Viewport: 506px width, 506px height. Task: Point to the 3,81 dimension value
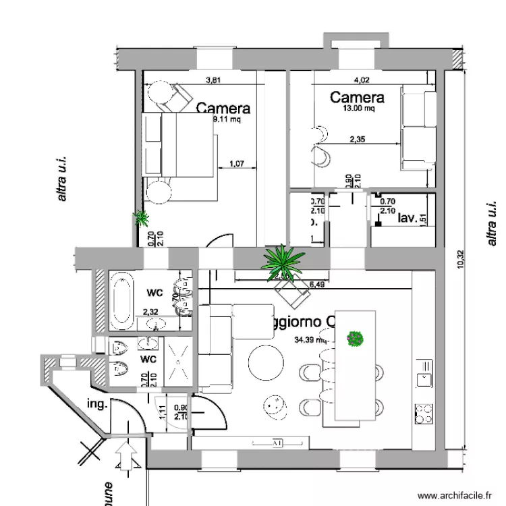pyautogui.click(x=213, y=80)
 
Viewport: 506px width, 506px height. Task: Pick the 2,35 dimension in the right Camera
pyautogui.click(x=358, y=140)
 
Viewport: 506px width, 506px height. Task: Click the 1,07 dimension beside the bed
pyautogui.click(x=236, y=163)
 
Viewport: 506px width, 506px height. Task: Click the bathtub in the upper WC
pyautogui.click(x=121, y=298)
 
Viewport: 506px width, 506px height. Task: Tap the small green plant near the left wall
pyautogui.click(x=142, y=217)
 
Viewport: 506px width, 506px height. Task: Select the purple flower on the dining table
pyautogui.click(x=355, y=338)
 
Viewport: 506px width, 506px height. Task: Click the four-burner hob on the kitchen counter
pyautogui.click(x=424, y=413)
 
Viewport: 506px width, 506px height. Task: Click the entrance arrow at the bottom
pyautogui.click(x=125, y=455)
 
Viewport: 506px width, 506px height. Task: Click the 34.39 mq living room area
pyautogui.click(x=310, y=339)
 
